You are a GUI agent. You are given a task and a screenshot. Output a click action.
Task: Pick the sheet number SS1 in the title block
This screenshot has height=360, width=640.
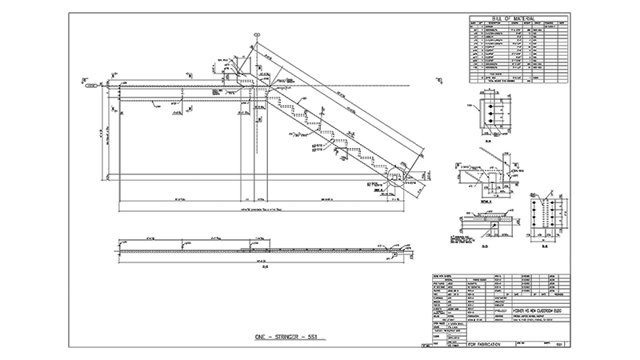[x=561, y=343]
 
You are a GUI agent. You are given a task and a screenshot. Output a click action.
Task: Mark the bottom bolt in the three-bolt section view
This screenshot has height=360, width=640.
[x=485, y=126]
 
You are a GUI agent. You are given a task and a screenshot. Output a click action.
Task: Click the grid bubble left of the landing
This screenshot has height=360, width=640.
[x=88, y=83]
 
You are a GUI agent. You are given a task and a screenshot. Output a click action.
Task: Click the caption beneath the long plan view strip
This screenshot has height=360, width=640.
[x=256, y=266]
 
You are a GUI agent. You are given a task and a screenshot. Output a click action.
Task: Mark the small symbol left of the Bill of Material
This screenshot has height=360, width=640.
[x=438, y=81]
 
